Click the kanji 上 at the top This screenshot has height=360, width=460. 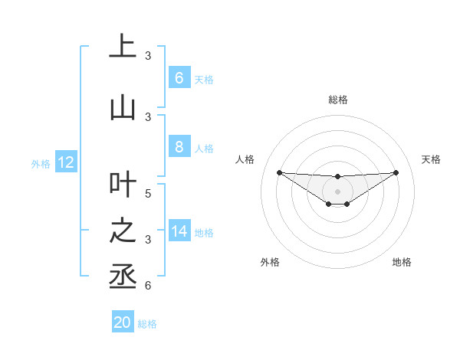pyautogui.click(x=123, y=47)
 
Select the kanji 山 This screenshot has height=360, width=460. pyautogui.click(x=123, y=108)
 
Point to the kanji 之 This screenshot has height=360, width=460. pyautogui.click(x=123, y=231)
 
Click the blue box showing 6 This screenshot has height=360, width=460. pyautogui.click(x=179, y=78)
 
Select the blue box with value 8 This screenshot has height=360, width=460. pyautogui.click(x=179, y=147)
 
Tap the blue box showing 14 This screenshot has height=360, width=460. pyautogui.click(x=179, y=231)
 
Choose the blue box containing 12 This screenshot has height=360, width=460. pyautogui.click(x=65, y=162)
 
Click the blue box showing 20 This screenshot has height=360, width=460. pyautogui.click(x=123, y=322)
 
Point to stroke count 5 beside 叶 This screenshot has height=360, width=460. pyautogui.click(x=148, y=194)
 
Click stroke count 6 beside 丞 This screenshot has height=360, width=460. pyautogui.click(x=148, y=286)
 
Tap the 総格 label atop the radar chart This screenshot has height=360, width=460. pyautogui.click(x=337, y=100)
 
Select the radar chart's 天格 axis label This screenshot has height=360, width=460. pyautogui.click(x=431, y=159)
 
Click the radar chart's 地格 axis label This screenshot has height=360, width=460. pyautogui.click(x=402, y=262)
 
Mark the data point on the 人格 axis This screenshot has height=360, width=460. pyautogui.click(x=279, y=172)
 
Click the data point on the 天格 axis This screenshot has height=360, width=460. pyautogui.click(x=396, y=172)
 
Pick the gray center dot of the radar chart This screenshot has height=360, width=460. pyautogui.click(x=337, y=191)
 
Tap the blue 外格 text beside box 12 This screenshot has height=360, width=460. pyautogui.click(x=41, y=163)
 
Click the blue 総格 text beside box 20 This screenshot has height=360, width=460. pyautogui.click(x=147, y=323)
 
